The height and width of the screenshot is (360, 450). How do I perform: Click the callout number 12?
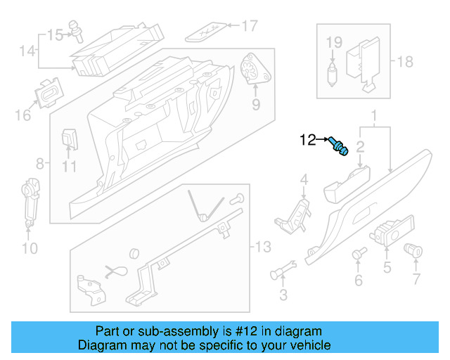309,139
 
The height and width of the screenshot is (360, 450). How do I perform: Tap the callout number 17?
250,27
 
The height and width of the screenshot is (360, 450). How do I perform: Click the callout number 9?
256,105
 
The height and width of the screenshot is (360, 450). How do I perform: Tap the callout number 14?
27,51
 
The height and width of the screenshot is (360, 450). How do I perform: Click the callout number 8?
39,164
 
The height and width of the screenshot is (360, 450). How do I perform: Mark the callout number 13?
262,246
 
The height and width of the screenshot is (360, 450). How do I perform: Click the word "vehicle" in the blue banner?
308,345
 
